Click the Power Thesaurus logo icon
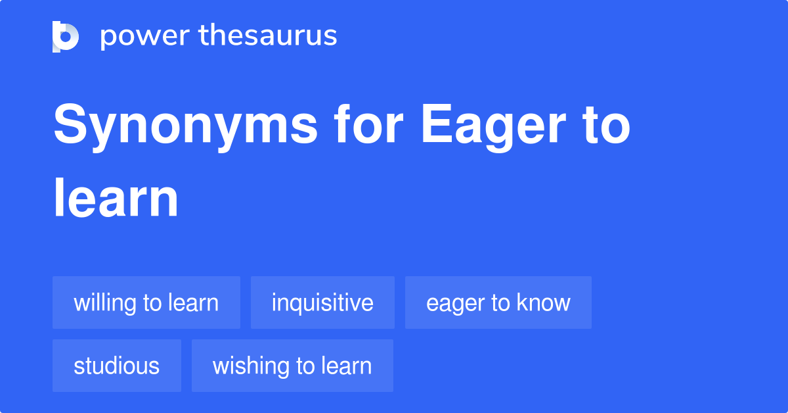pyautogui.click(x=66, y=36)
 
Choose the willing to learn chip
pyautogui.click(x=146, y=303)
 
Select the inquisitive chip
pyautogui.click(x=322, y=303)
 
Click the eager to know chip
pyautogui.click(x=498, y=303)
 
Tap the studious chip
pyautogui.click(x=117, y=366)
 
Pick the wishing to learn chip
pyautogui.click(x=292, y=366)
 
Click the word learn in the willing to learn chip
pyautogui.click(x=193, y=303)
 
